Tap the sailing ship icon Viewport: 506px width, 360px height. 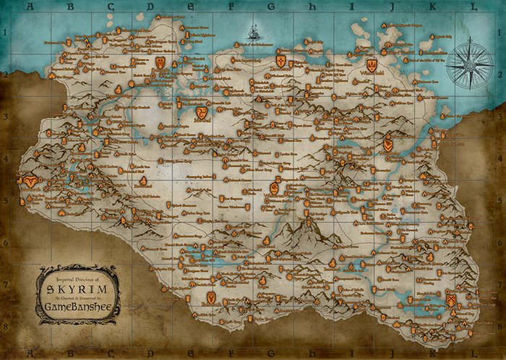254,33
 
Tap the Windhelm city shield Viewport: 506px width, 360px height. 388,145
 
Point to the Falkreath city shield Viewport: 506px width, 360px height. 210,296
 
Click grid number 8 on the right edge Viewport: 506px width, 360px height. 501,327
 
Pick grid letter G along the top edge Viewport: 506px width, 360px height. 271,7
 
